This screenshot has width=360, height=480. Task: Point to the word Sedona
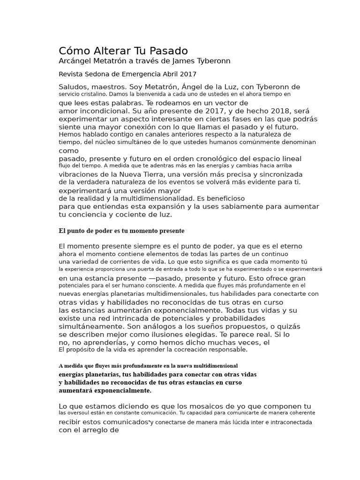[101, 74]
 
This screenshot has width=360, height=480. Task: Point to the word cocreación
[184, 349]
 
